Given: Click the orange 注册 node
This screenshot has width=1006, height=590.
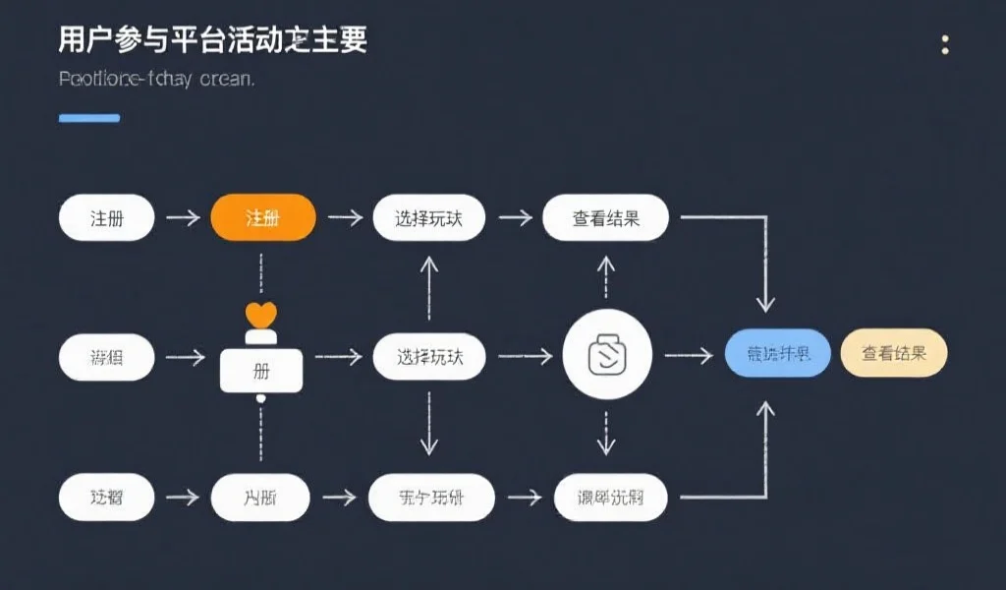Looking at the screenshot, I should [263, 218].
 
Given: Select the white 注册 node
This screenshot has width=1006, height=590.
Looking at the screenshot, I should [107, 218].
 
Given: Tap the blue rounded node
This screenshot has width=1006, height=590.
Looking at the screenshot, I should [778, 354].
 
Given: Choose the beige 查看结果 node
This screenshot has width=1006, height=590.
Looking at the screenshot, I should [894, 354].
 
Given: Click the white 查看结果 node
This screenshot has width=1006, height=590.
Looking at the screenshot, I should [605, 218].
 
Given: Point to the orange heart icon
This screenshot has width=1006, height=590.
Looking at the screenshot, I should [261, 315].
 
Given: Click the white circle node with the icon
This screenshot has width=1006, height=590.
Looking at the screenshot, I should [607, 355].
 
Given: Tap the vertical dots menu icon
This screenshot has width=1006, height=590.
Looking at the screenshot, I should [945, 44].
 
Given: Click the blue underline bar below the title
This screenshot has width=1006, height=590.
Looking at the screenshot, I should [89, 118].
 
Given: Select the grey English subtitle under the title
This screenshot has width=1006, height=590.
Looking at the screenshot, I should [156, 79].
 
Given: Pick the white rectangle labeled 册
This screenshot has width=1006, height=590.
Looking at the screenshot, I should [261, 370].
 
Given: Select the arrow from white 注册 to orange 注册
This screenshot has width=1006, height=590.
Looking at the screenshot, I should [183, 218].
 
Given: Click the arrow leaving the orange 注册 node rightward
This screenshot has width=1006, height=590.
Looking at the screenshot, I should [345, 218].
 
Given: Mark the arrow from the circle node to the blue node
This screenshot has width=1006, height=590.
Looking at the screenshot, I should [689, 355].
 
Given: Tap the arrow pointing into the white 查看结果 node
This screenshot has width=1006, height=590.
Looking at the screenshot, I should [515, 218].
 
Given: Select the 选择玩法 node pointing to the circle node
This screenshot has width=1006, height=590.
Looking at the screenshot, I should [430, 356].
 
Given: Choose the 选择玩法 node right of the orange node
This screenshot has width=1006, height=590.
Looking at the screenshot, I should [430, 218].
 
